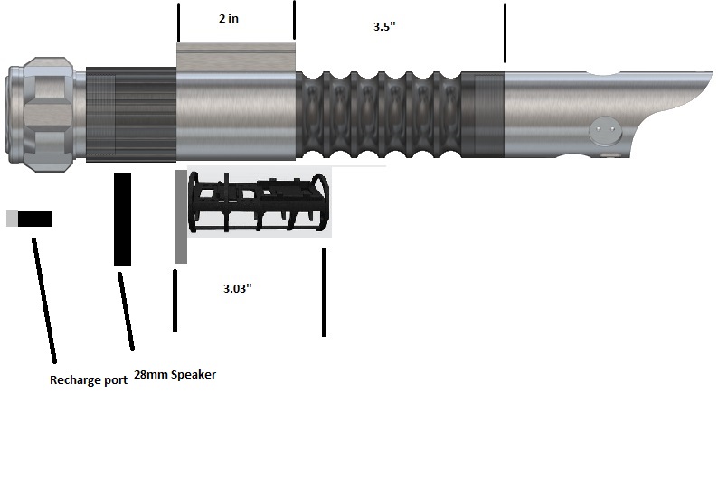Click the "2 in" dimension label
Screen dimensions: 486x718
click(229, 19)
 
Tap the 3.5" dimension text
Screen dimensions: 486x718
click(384, 27)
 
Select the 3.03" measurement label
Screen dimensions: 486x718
click(237, 289)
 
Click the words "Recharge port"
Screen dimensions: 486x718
click(88, 380)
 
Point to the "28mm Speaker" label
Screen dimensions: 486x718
click(175, 374)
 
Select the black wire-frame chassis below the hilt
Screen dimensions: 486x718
click(258, 204)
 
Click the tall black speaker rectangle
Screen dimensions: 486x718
click(122, 219)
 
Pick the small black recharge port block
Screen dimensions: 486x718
click(34, 219)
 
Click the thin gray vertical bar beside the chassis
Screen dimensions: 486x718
click(181, 216)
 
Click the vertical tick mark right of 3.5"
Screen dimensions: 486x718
click(505, 33)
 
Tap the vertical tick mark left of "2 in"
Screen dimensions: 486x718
click(178, 23)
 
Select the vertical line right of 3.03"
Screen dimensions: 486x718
click(324, 292)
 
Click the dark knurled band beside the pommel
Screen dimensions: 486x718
click(131, 115)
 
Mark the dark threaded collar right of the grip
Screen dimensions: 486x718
click(482, 115)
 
